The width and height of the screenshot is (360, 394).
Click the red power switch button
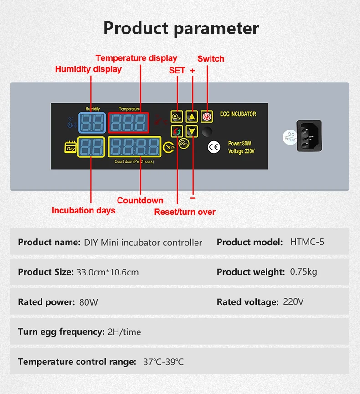click(x=207, y=116)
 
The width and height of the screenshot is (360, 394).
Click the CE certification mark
click(x=213, y=147)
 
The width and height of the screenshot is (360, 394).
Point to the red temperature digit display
click(x=129, y=122)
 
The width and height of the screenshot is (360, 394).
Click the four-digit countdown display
click(x=134, y=147)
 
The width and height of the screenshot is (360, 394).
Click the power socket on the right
click(x=309, y=136)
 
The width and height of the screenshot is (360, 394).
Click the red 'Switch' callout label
click(x=211, y=59)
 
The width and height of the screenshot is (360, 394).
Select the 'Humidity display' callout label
click(x=88, y=69)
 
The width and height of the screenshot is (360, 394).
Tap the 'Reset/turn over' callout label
click(x=185, y=212)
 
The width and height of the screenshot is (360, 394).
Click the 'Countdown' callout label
click(x=140, y=201)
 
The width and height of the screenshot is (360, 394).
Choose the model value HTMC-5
click(x=307, y=242)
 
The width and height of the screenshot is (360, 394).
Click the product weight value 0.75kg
click(x=303, y=272)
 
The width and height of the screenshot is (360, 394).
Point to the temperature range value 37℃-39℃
click(x=164, y=362)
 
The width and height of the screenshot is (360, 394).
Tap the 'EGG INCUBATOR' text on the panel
click(x=238, y=114)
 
